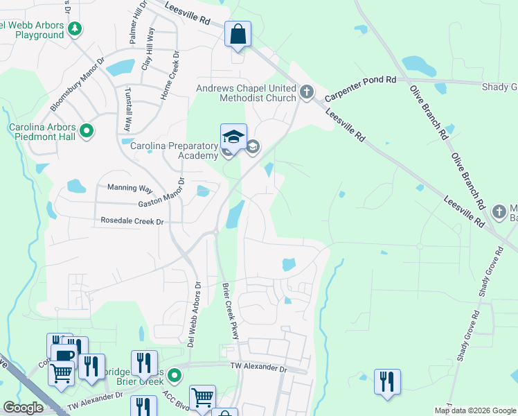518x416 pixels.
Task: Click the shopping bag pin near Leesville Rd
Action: click(238, 34)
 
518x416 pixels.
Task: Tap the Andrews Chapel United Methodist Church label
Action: click(246, 93)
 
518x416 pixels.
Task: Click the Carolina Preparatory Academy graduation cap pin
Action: click(233, 137)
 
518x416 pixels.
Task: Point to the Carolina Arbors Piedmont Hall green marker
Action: click(87, 130)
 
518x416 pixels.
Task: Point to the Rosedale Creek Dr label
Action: click(132, 221)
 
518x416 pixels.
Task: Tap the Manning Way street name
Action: click(129, 188)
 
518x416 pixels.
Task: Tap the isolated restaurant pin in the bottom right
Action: click(387, 381)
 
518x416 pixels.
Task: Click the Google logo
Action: click(23, 408)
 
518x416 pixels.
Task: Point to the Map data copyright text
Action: click(474, 410)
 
